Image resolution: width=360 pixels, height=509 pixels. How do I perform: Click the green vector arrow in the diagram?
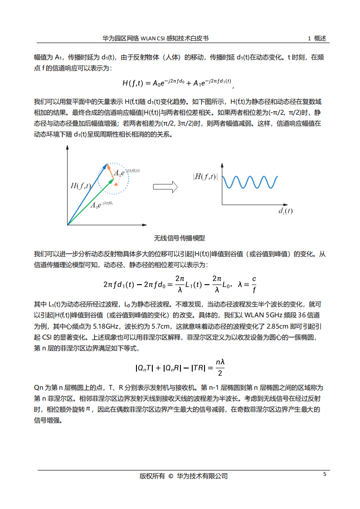click(91, 202)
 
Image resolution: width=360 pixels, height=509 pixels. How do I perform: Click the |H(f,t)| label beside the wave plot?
click(205, 177)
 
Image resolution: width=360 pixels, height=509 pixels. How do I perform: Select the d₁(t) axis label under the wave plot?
click(285, 211)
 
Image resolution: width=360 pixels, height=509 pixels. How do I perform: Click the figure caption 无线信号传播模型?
click(180, 238)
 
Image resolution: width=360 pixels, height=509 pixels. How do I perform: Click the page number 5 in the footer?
click(324, 475)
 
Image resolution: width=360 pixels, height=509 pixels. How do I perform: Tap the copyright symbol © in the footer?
click(170, 476)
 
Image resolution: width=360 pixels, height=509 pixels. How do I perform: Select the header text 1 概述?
click(317, 39)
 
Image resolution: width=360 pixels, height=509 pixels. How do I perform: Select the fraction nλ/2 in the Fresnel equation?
click(220, 368)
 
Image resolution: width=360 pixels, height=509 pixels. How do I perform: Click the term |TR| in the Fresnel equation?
click(199, 368)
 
